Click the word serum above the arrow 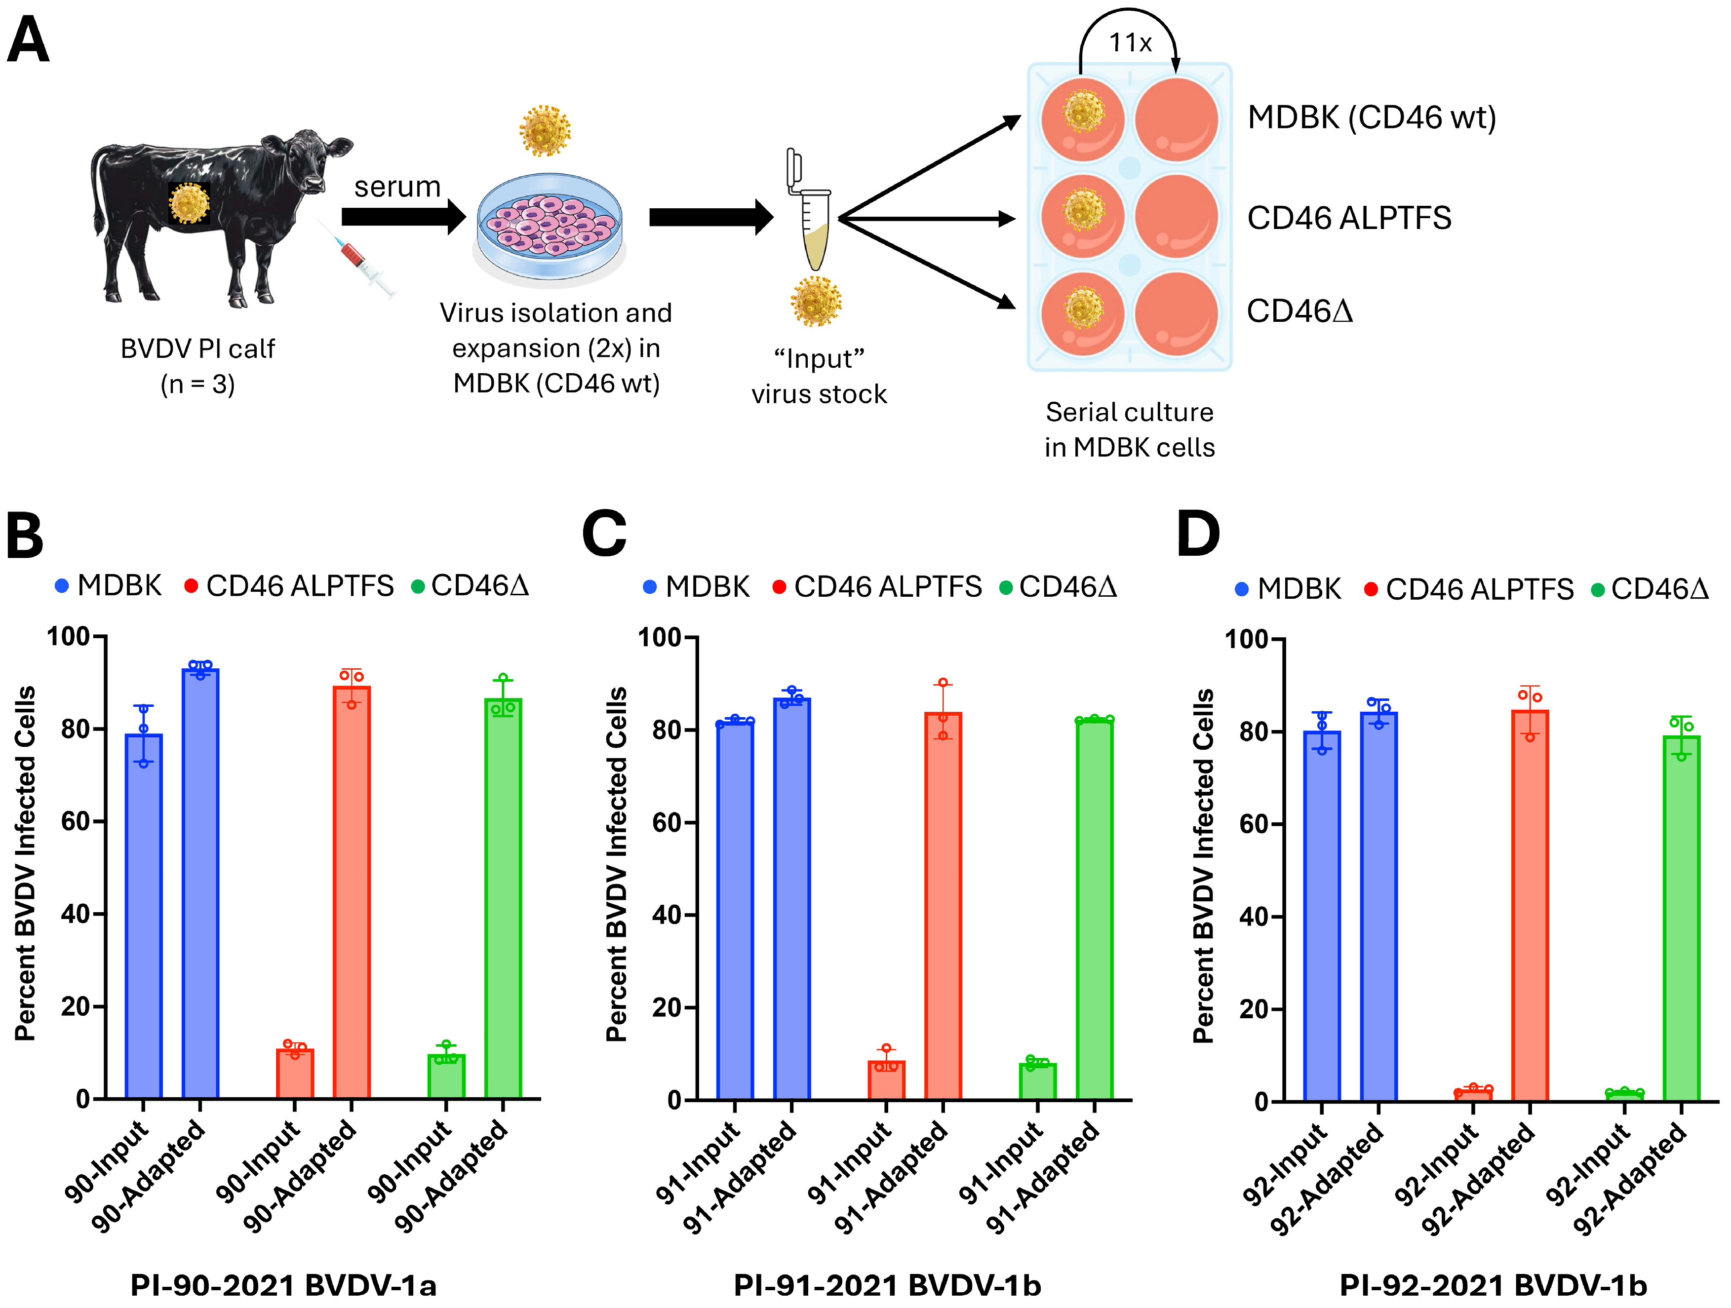(x=397, y=187)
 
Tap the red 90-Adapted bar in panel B (x=352, y=892)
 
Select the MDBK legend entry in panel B (x=110, y=586)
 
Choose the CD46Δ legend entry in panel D (x=1651, y=589)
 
